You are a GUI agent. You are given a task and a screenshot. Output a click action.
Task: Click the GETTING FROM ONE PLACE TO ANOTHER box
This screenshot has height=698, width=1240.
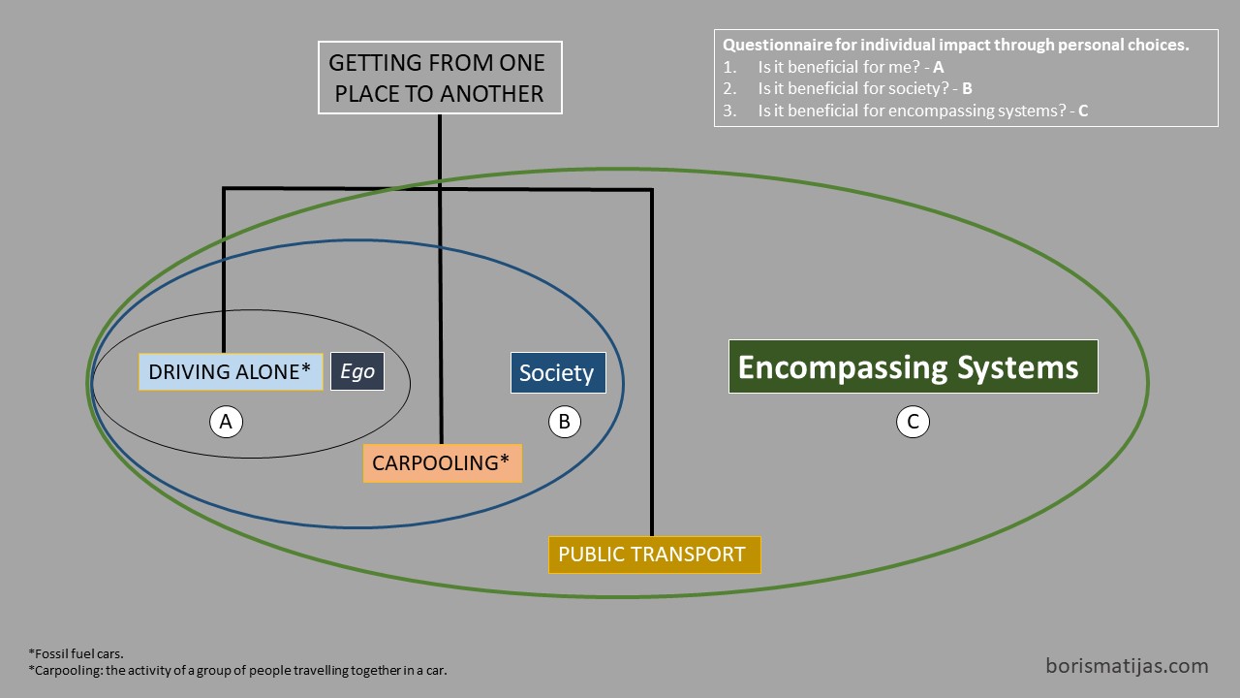pyautogui.click(x=440, y=78)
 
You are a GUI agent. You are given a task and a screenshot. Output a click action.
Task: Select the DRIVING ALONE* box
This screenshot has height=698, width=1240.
pyautogui.click(x=231, y=371)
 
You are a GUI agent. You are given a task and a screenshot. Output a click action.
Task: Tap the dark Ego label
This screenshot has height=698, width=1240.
pyautogui.click(x=357, y=371)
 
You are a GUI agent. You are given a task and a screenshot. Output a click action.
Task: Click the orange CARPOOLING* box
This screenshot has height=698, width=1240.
pyautogui.click(x=443, y=463)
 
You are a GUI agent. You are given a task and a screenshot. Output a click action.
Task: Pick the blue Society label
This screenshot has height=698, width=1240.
pyautogui.click(x=558, y=373)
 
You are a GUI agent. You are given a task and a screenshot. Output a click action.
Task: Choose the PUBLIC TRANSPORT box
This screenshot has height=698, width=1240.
pyautogui.click(x=654, y=555)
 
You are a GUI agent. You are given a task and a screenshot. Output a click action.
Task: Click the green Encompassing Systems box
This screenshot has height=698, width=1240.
pyautogui.click(x=914, y=366)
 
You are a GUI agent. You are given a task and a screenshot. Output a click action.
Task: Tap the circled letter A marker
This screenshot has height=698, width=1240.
pyautogui.click(x=226, y=422)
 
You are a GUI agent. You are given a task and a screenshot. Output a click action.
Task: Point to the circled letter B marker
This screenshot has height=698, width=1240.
pyautogui.click(x=564, y=422)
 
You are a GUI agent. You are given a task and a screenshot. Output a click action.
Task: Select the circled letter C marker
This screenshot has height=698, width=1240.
pyautogui.click(x=913, y=422)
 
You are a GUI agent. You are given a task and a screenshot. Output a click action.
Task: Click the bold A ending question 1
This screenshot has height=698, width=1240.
pyautogui.click(x=939, y=67)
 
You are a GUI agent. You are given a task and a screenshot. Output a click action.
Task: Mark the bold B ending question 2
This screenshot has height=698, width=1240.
pyautogui.click(x=967, y=88)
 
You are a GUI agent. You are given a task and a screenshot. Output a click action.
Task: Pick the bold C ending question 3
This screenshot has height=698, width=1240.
pyautogui.click(x=1083, y=111)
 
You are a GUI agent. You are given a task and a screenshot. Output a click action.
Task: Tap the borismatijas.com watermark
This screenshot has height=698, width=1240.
pyautogui.click(x=1127, y=665)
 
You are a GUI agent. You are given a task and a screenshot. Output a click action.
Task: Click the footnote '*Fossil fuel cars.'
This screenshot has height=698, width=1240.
pyautogui.click(x=76, y=653)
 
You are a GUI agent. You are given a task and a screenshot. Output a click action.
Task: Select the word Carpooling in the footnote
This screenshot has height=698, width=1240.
pyautogui.click(x=68, y=670)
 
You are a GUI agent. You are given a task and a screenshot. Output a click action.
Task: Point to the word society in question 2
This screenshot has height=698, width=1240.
pyautogui.click(x=918, y=88)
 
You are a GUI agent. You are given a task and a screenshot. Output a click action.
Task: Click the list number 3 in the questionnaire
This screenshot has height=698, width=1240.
pyautogui.click(x=729, y=111)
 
